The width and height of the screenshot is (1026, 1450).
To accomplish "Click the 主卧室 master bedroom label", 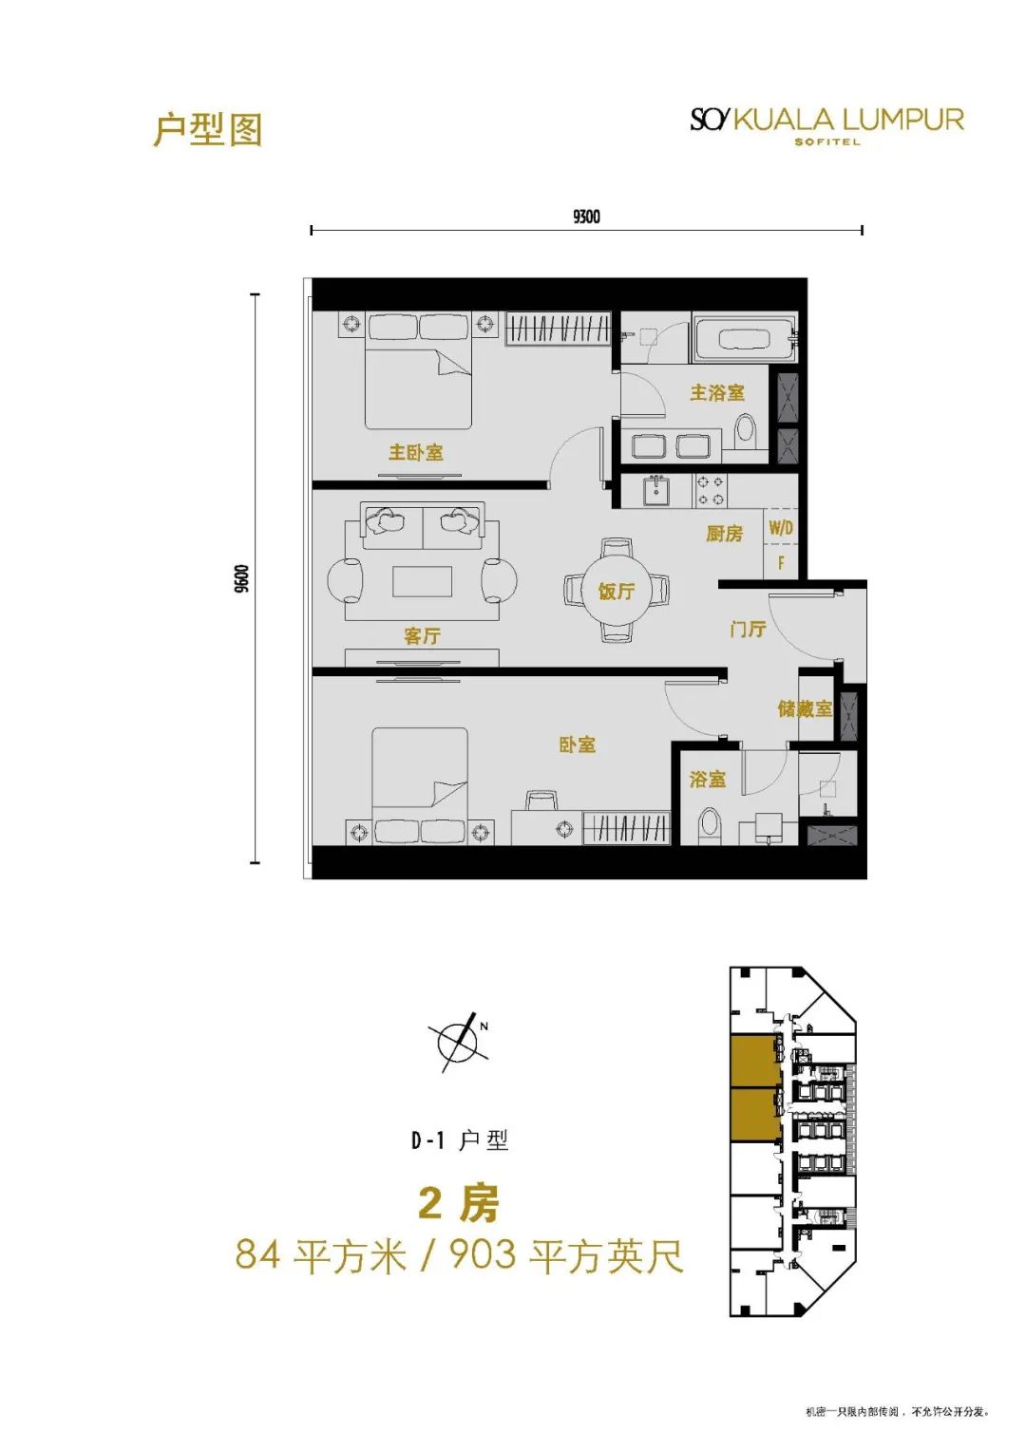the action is pyautogui.click(x=416, y=452).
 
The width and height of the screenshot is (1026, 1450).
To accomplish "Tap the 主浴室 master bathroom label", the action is pyautogui.click(x=717, y=392).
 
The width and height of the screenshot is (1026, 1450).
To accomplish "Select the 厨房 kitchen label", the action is pyautogui.click(x=724, y=534).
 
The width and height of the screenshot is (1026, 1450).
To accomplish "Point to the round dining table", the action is pyautogui.click(x=616, y=590).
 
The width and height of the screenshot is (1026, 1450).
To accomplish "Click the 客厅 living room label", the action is pyautogui.click(x=423, y=635).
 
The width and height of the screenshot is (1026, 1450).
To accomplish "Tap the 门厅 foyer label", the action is pyautogui.click(x=749, y=628).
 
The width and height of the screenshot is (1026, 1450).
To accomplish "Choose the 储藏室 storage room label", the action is pyautogui.click(x=806, y=708).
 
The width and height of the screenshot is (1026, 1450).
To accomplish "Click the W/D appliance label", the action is pyautogui.click(x=781, y=528).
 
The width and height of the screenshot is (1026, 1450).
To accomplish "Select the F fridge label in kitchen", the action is pyautogui.click(x=781, y=563).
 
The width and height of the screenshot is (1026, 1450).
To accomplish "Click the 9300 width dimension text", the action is pyautogui.click(x=586, y=217).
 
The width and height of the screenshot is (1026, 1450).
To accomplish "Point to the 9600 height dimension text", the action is pyautogui.click(x=241, y=578).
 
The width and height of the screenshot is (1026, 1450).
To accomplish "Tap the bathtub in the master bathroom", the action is pyautogui.click(x=745, y=338).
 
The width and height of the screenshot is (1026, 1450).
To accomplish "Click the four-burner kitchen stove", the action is pyautogui.click(x=711, y=491).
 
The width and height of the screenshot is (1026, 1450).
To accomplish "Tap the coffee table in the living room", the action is pyautogui.click(x=423, y=580).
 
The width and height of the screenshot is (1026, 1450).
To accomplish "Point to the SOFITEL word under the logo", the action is pyautogui.click(x=827, y=141).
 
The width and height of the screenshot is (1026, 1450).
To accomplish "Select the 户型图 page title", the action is pyautogui.click(x=207, y=129).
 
